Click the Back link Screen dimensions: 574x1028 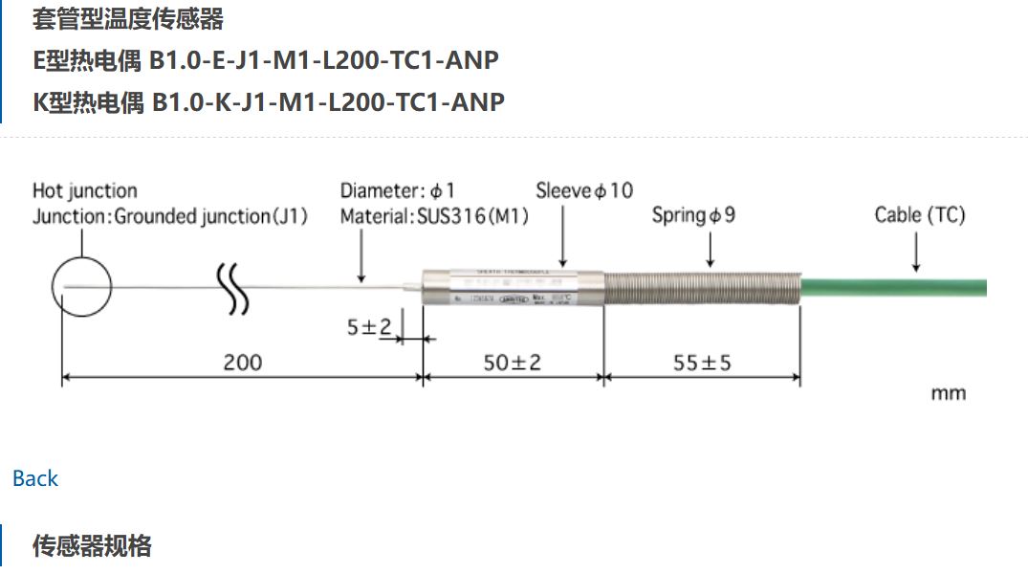pyautogui.click(x=35, y=478)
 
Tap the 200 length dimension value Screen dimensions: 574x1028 pyautogui.click(x=242, y=363)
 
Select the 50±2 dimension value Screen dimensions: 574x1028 pyautogui.click(x=512, y=363)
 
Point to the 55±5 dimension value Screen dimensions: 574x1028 pyautogui.click(x=702, y=363)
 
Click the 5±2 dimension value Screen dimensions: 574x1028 pyautogui.click(x=369, y=327)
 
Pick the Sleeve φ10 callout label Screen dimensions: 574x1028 pyautogui.click(x=583, y=190)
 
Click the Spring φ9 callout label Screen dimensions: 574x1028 pyautogui.click(x=693, y=215)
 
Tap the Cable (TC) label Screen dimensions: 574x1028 pyautogui.click(x=919, y=215)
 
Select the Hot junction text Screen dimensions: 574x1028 pyautogui.click(x=85, y=190)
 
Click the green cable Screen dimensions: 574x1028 pyautogui.click(x=894, y=287)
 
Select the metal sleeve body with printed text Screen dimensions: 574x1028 pyautogui.click(x=512, y=286)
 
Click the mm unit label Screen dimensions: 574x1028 pyautogui.click(x=948, y=393)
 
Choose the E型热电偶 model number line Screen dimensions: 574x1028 pyautogui.click(x=266, y=60)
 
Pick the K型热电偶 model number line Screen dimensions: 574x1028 pyautogui.click(x=268, y=101)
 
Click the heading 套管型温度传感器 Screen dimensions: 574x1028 pyautogui.click(x=128, y=18)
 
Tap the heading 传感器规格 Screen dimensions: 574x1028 pyautogui.click(x=92, y=546)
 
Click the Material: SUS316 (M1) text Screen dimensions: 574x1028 pyautogui.click(x=434, y=216)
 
